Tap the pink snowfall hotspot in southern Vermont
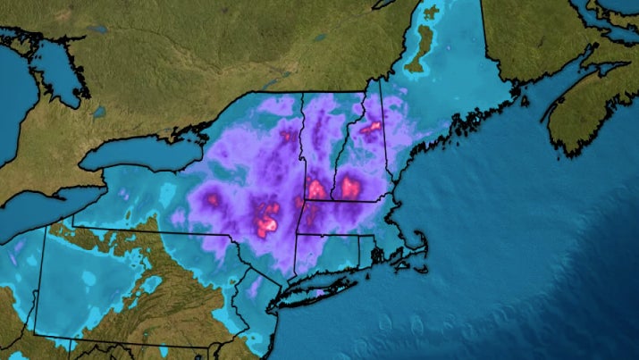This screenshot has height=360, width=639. pos(315,188)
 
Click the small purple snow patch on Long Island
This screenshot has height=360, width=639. pos(318,290)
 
